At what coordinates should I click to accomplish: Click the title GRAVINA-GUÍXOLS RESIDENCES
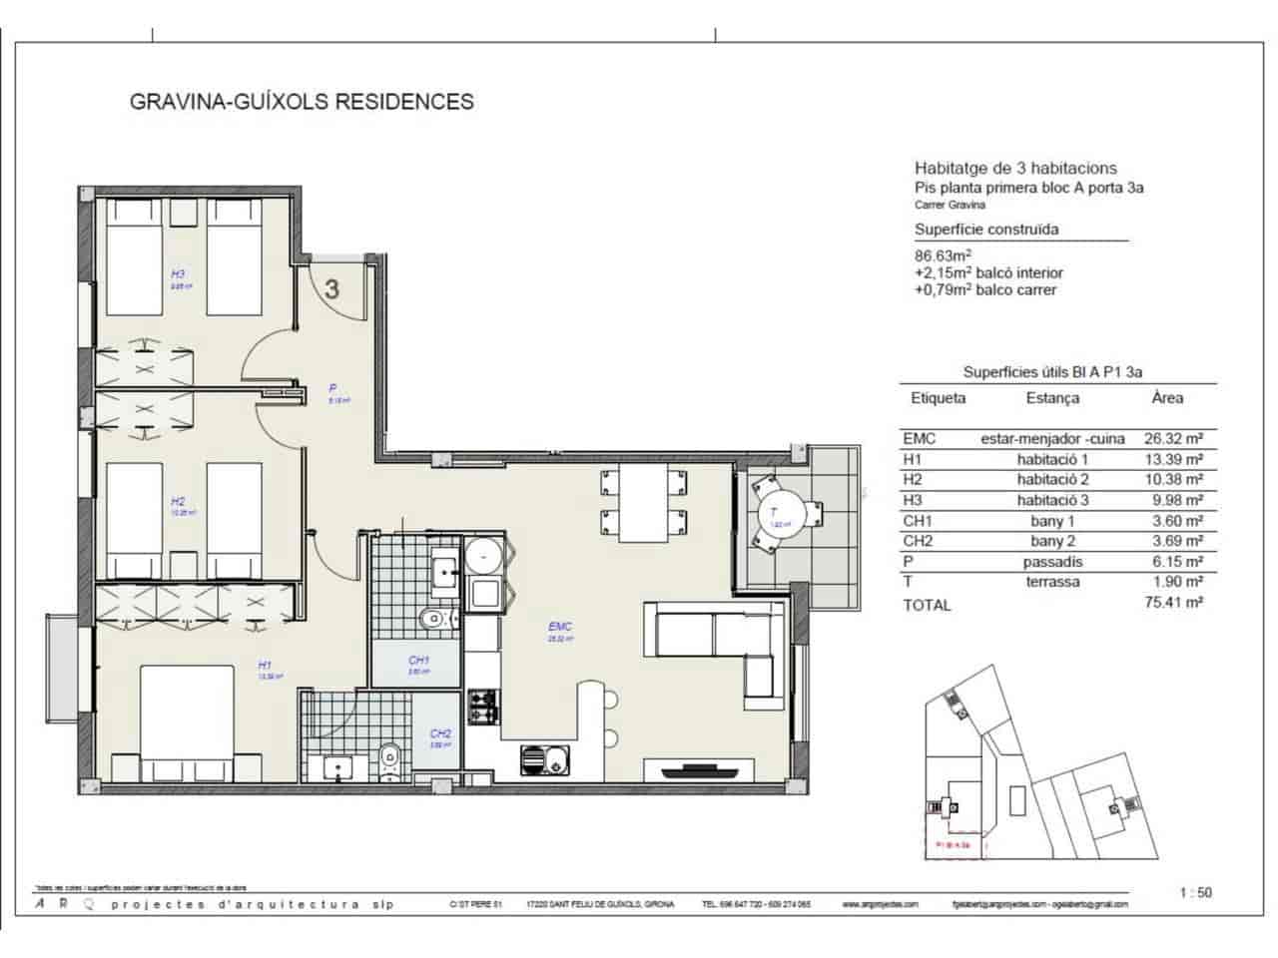point(302,101)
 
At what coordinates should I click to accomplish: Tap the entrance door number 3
point(331,289)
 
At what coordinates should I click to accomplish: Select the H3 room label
point(178,273)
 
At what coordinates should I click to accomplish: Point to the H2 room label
point(178,502)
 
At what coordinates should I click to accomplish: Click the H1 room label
point(265,665)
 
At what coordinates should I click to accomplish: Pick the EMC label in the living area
point(559,627)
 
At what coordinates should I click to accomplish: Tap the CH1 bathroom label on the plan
point(418,660)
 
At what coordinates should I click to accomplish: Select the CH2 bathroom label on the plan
point(440,733)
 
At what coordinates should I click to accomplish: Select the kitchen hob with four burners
point(484,707)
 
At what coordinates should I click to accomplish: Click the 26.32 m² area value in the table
point(1172,438)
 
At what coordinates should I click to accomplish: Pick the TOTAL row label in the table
point(927,605)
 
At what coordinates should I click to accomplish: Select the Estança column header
point(1052,398)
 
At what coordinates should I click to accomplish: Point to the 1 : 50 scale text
point(1194,892)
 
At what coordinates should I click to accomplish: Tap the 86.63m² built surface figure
point(944,254)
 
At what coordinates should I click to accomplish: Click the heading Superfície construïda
point(986,230)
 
